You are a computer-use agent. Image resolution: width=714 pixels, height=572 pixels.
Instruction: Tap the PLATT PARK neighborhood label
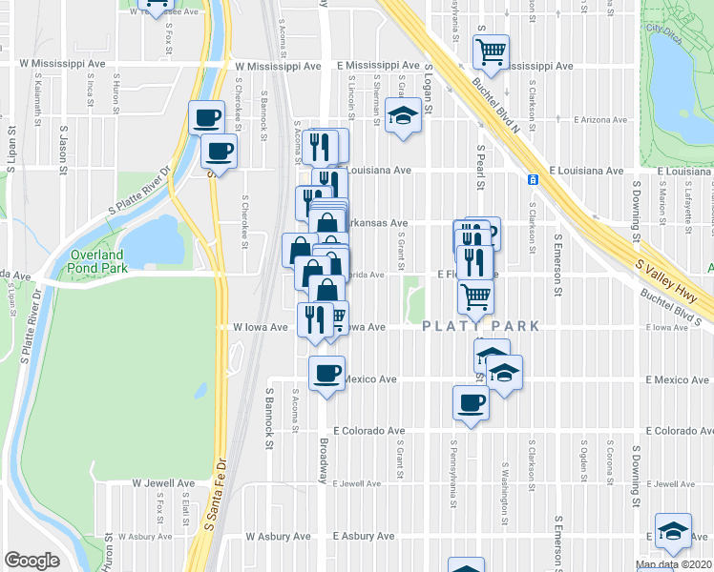click(x=481, y=327)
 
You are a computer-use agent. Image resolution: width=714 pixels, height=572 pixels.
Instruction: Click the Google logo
click(x=31, y=561)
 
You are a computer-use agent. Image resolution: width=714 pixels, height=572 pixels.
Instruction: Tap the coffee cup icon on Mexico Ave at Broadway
click(x=326, y=372)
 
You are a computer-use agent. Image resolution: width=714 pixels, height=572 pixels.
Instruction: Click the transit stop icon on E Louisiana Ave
click(x=533, y=179)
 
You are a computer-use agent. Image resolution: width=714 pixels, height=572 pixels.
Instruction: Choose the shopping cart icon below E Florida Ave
click(x=474, y=296)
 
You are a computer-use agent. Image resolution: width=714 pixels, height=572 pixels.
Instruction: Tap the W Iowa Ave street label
click(x=262, y=327)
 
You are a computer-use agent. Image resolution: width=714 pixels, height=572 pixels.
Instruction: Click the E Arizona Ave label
click(x=601, y=120)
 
